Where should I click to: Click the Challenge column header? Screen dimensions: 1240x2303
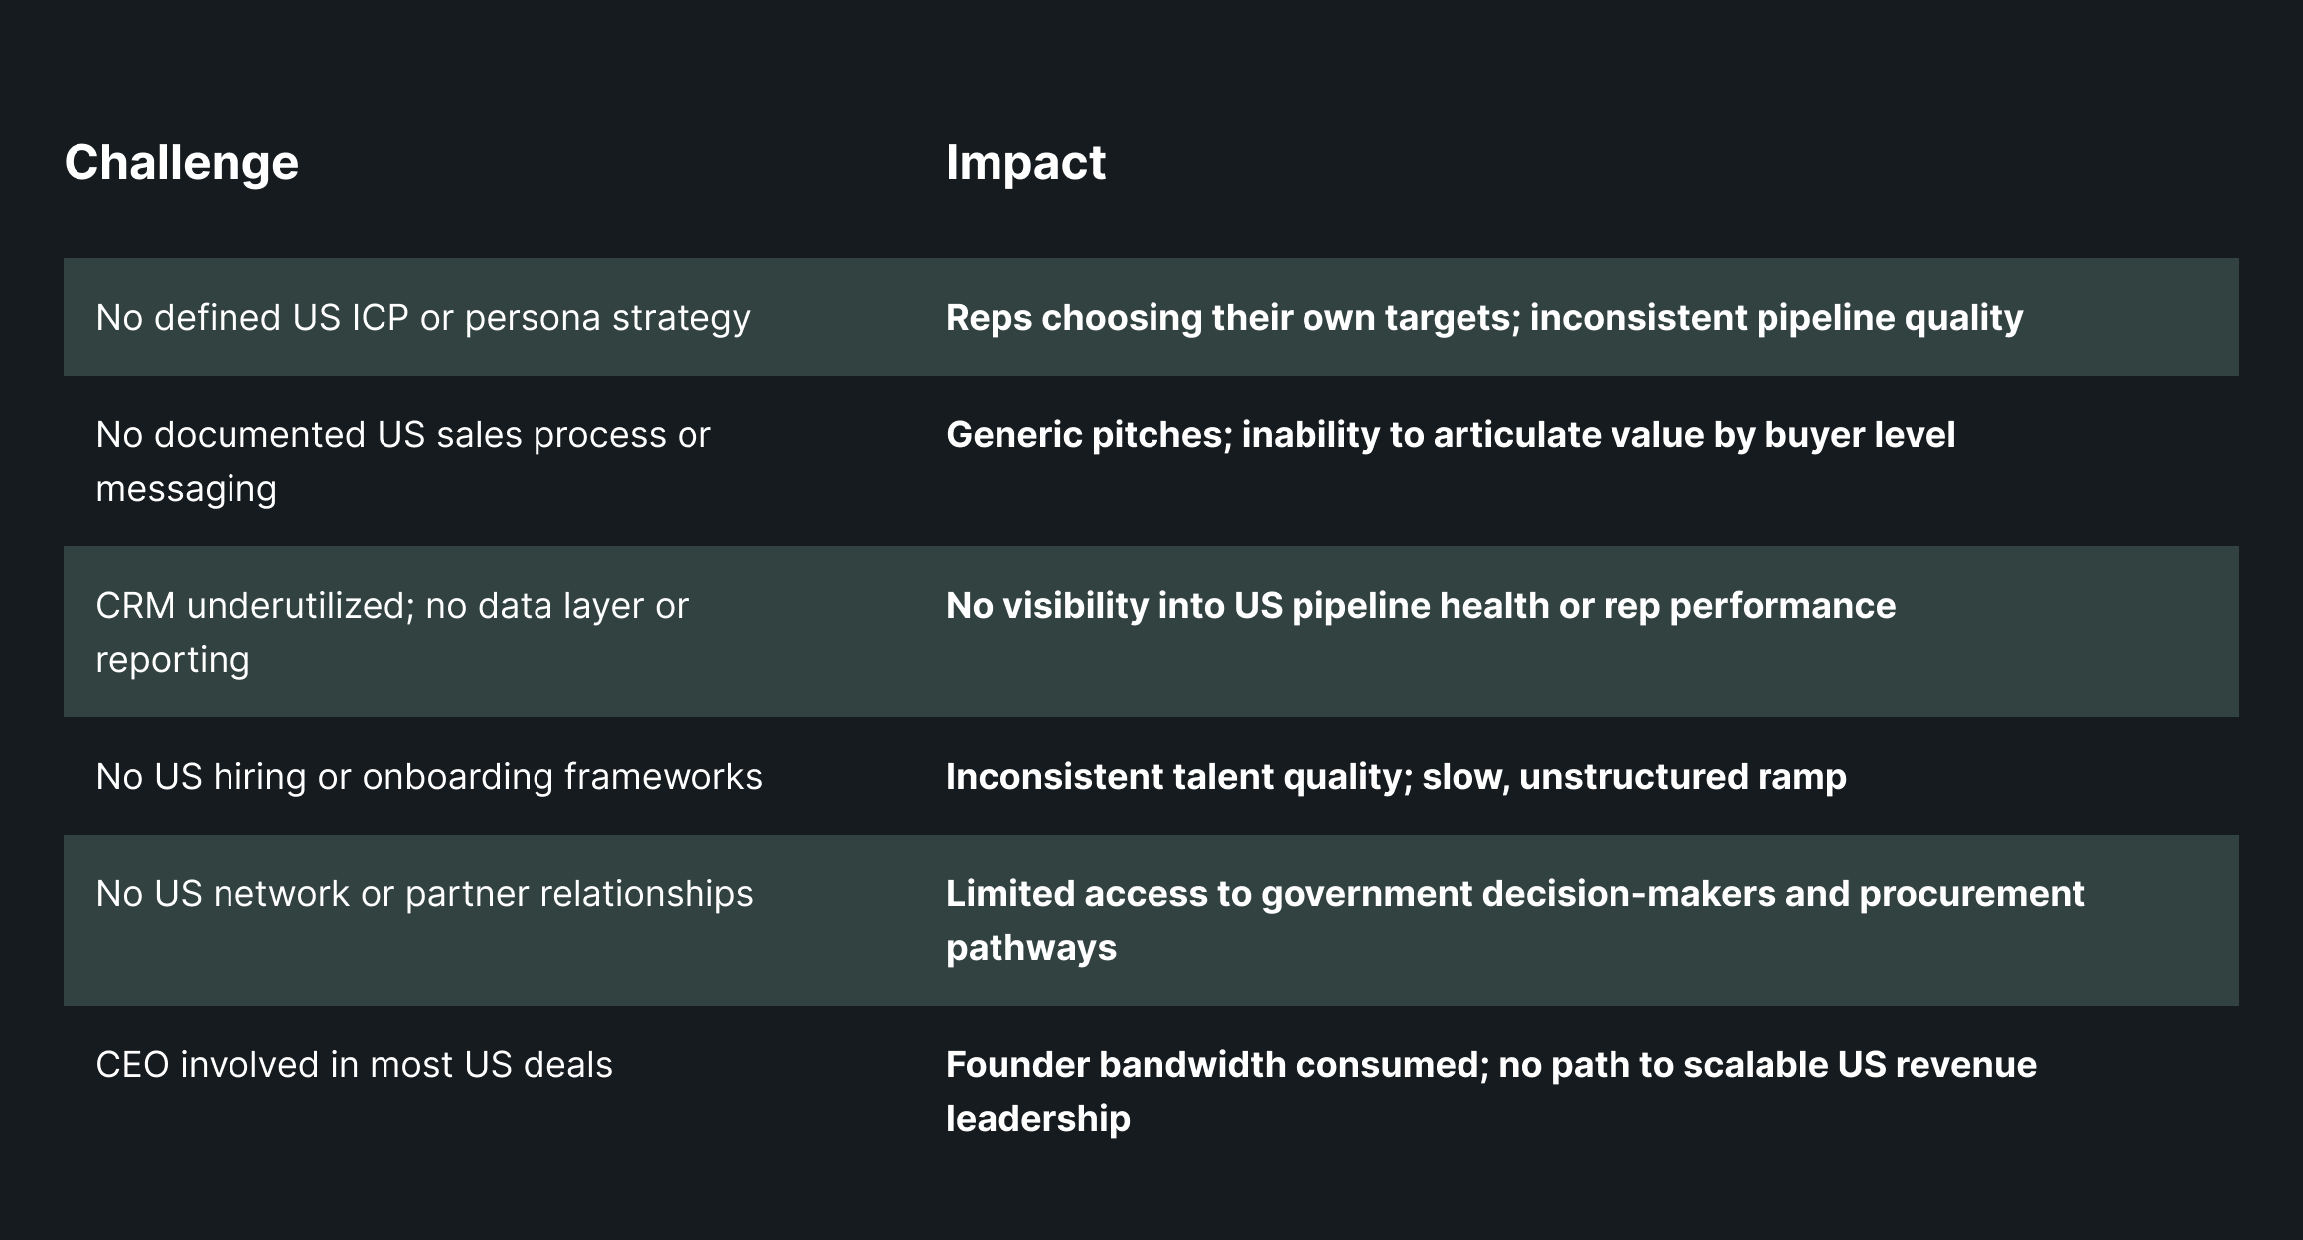pyautogui.click(x=181, y=163)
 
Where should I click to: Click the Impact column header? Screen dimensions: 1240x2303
pyautogui.click(x=1024, y=163)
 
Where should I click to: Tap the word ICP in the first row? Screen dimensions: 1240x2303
pyautogui.click(x=380, y=318)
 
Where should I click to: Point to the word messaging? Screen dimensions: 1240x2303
pyautogui.click(x=186, y=489)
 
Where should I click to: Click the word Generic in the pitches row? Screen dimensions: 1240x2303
pyautogui.click(x=1013, y=435)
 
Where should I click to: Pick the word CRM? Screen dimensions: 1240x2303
pyautogui.click(x=135, y=606)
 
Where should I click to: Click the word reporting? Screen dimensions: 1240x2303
pyautogui.click(x=172, y=660)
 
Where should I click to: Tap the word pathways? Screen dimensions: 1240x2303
pyautogui.click(x=1030, y=948)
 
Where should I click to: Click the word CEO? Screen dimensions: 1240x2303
pyautogui.click(x=132, y=1065)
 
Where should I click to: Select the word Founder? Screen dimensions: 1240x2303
pyautogui.click(x=1016, y=1065)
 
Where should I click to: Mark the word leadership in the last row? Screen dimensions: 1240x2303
pyautogui.click(x=1037, y=1119)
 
